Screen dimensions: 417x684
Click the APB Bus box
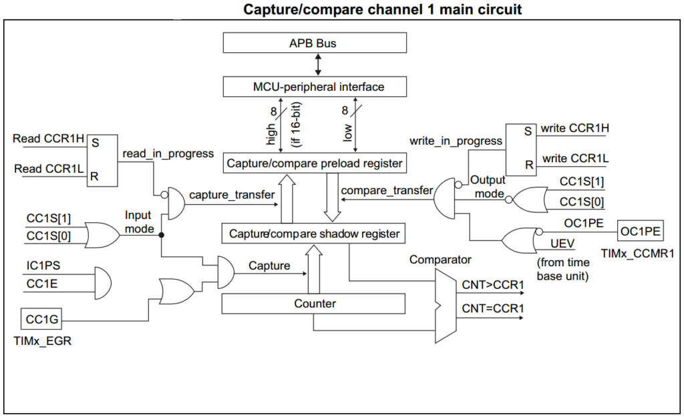coord(314,43)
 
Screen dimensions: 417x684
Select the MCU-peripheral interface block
coord(314,87)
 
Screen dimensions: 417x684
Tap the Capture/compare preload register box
coord(314,163)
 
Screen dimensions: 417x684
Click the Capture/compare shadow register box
coord(314,234)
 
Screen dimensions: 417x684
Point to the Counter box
coord(314,304)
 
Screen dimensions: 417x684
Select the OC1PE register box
coord(640,232)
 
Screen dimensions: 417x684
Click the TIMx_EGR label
coord(41,341)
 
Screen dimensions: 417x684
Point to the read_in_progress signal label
coord(168,153)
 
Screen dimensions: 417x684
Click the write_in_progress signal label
coord(456,141)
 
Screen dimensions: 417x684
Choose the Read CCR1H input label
coord(49,139)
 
